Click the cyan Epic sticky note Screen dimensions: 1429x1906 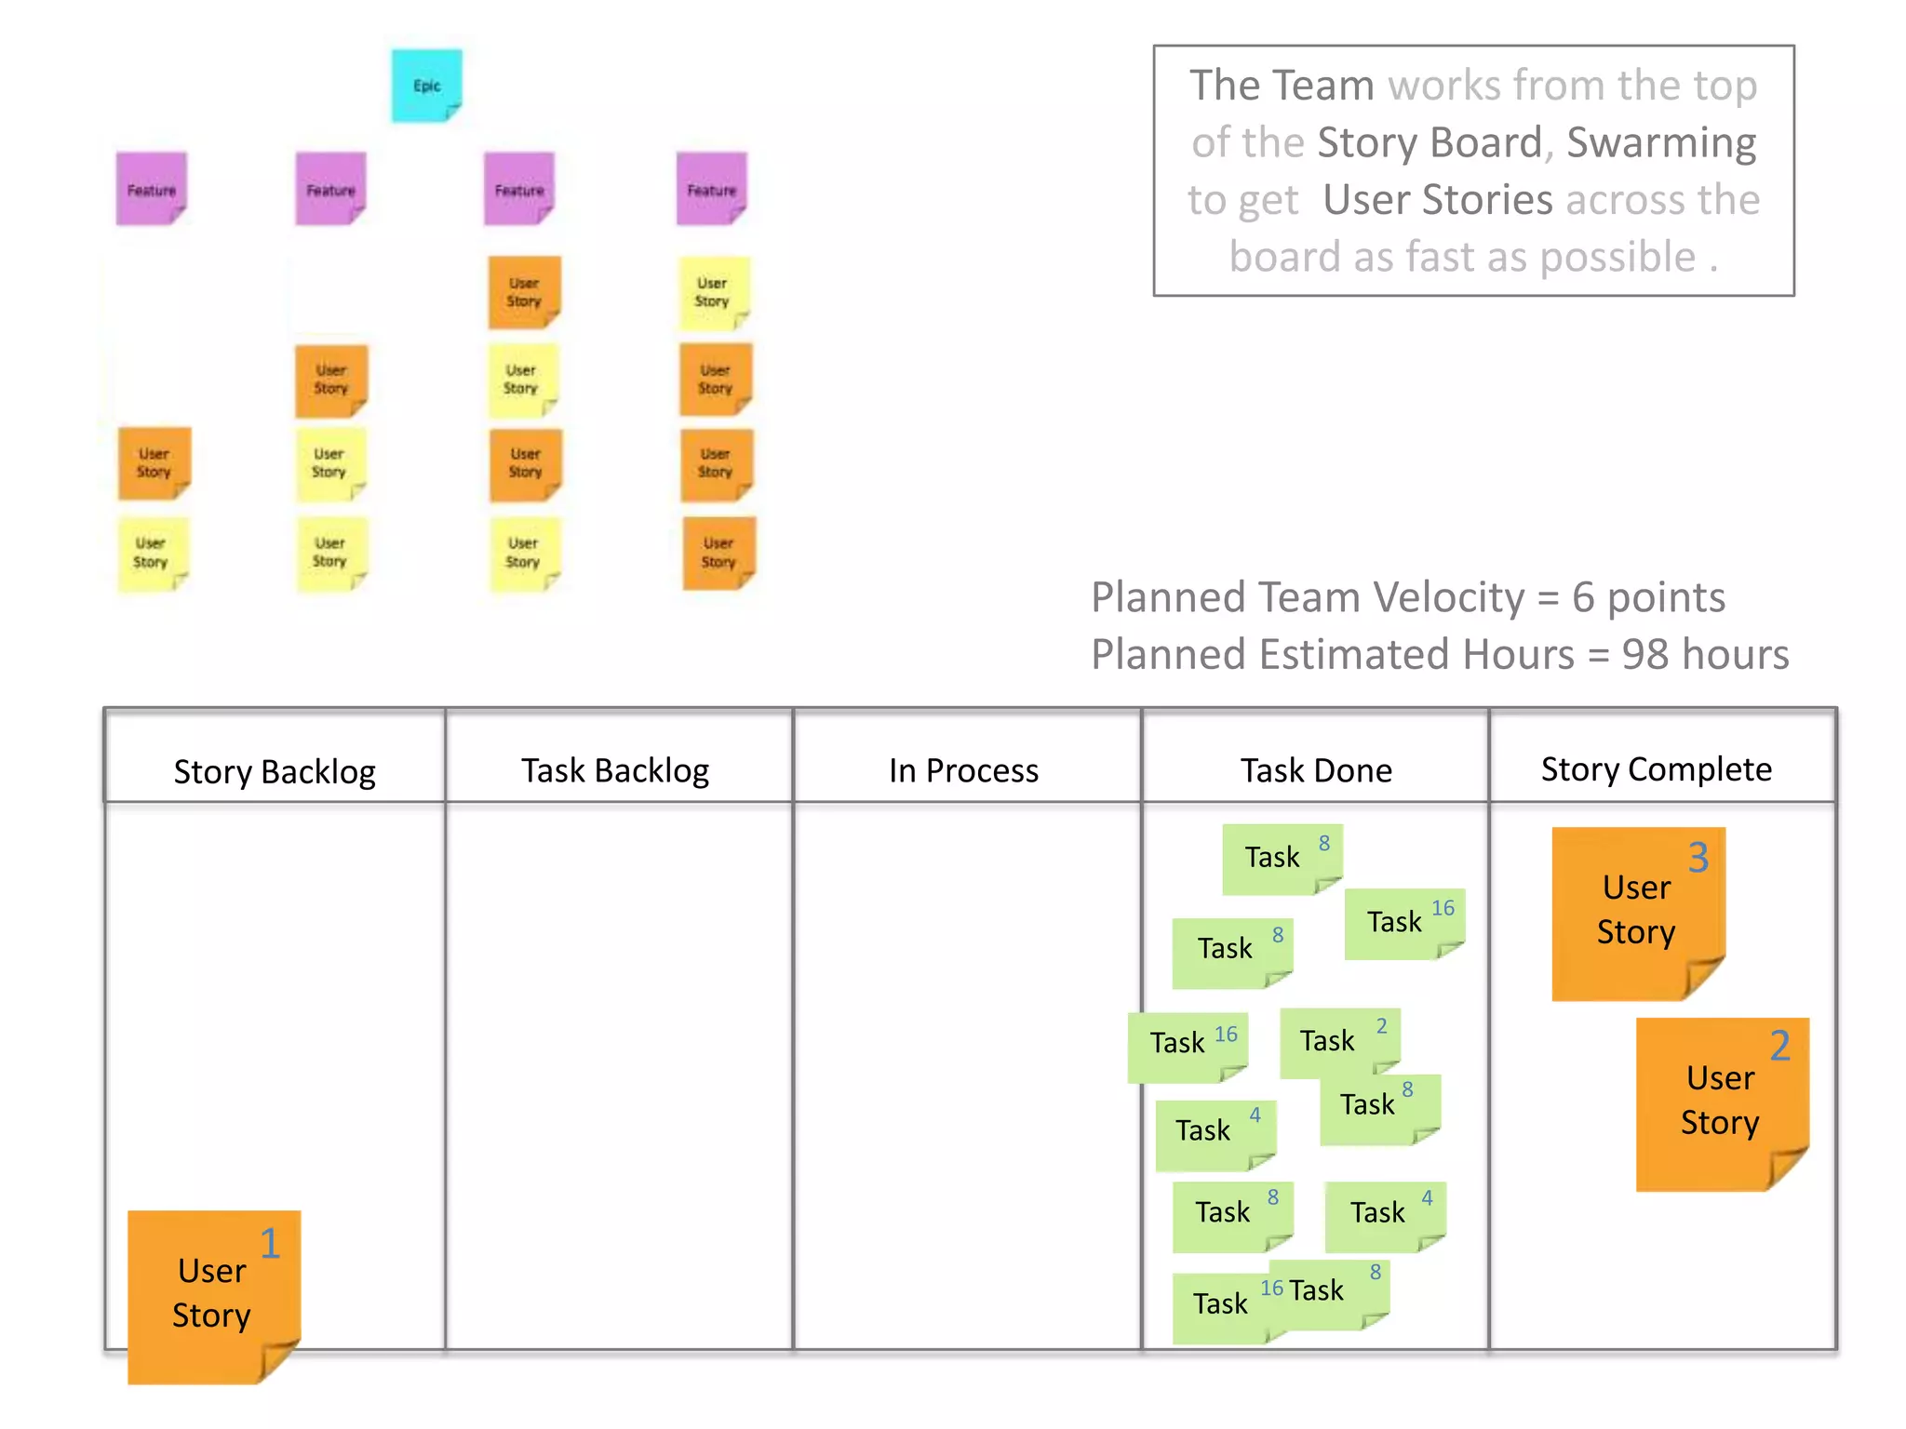click(x=426, y=86)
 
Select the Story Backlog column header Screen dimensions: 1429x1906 click(x=275, y=771)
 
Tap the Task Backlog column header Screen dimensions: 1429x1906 click(x=615, y=770)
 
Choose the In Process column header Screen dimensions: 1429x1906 click(x=963, y=770)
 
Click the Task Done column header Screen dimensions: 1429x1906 click(x=1316, y=770)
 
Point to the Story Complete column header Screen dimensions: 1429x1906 click(x=1656, y=769)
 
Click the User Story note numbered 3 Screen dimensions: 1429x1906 click(x=1637, y=912)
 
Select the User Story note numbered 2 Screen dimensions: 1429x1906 click(x=1721, y=1102)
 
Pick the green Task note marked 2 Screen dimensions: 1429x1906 click(x=1338, y=1041)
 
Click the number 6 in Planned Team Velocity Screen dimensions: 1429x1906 click(x=1583, y=597)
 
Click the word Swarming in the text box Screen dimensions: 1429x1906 click(x=1661, y=143)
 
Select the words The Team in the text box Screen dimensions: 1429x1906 click(x=1282, y=86)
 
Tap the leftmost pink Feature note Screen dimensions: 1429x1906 click(x=151, y=190)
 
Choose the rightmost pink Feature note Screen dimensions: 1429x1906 click(x=711, y=190)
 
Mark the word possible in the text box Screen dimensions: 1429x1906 click(x=1617, y=258)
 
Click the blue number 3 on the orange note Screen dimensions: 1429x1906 click(x=1698, y=857)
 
